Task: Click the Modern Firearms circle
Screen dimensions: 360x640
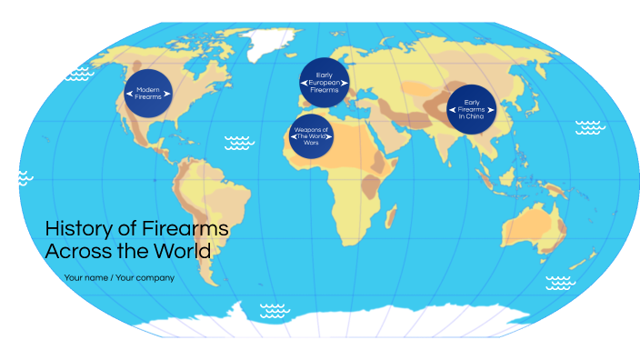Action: (148, 93)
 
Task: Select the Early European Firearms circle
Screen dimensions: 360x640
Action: (325, 83)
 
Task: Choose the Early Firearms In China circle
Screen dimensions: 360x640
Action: (471, 109)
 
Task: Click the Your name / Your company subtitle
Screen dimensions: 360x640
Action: (119, 277)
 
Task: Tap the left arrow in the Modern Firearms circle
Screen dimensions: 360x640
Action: (128, 93)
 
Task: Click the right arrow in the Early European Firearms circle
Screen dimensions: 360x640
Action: (345, 83)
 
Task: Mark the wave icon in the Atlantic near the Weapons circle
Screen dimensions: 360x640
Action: (239, 142)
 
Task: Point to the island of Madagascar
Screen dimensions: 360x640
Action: (390, 216)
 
